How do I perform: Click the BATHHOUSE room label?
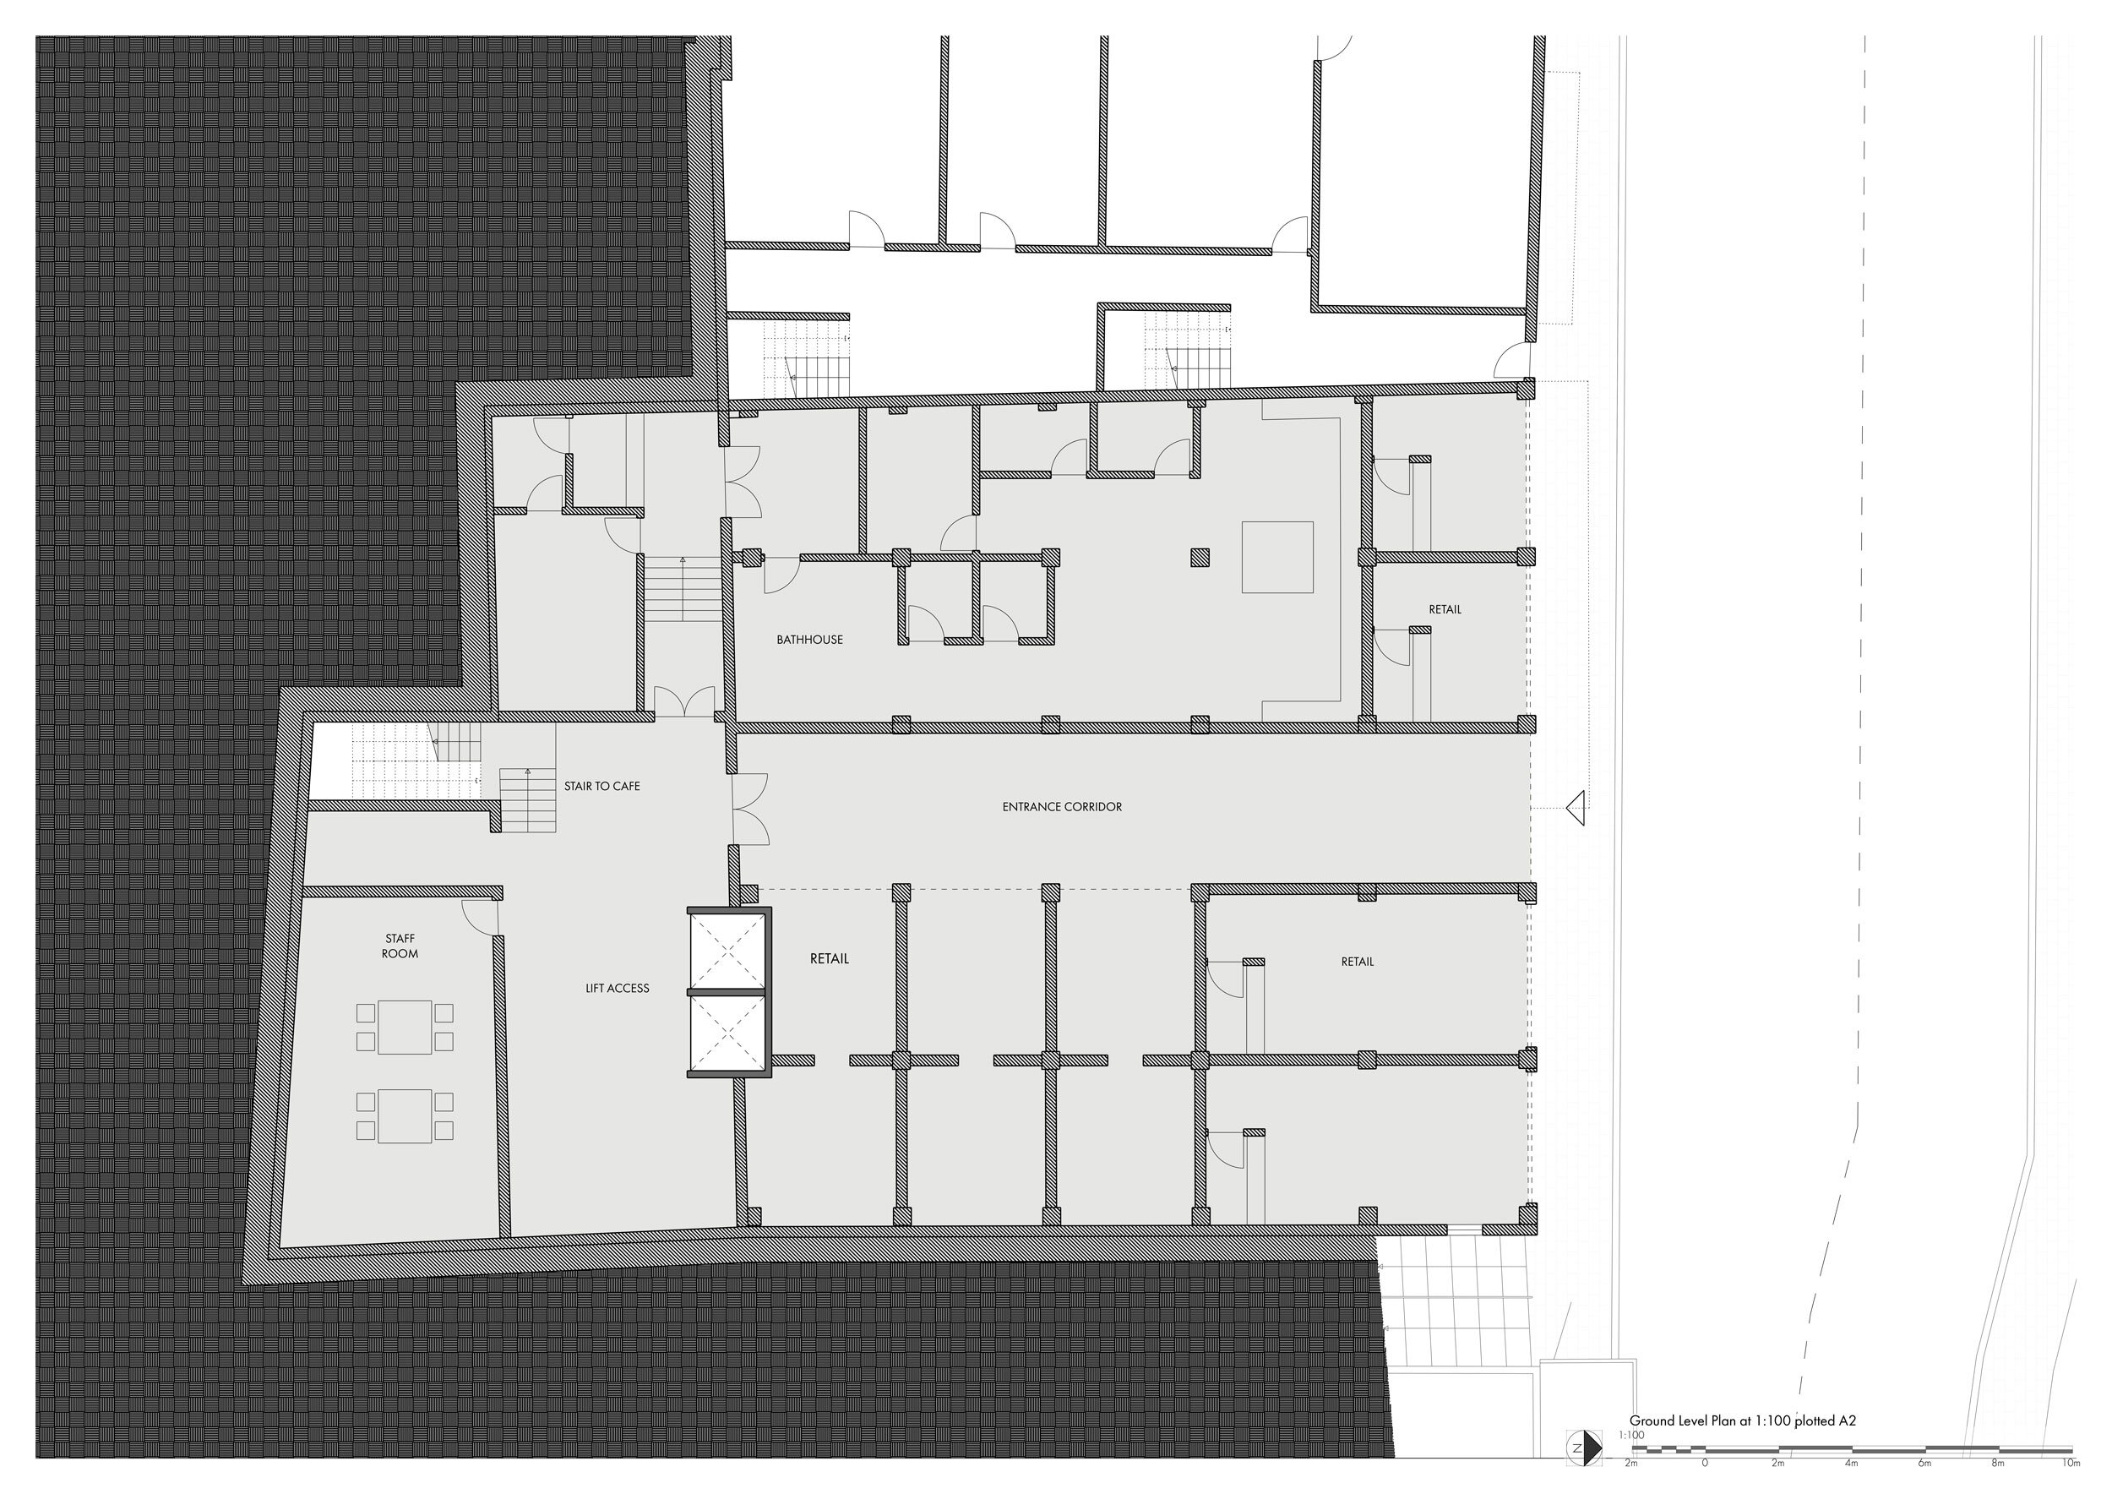[x=809, y=640]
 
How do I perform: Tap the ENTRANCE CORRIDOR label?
[x=1062, y=807]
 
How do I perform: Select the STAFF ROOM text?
[x=400, y=946]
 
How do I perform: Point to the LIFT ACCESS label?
[x=618, y=988]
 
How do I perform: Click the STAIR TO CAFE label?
[x=601, y=787]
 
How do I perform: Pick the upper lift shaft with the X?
[x=727, y=951]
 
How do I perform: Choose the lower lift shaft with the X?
[x=727, y=1033]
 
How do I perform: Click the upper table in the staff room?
[x=405, y=1027]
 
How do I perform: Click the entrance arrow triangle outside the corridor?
[x=1576, y=807]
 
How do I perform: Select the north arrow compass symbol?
[x=1582, y=1447]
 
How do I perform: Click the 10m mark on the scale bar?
[x=2071, y=1463]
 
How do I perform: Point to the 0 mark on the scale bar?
[x=1705, y=1463]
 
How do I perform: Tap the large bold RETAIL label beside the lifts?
[x=829, y=958]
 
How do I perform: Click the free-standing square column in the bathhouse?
[x=1200, y=557]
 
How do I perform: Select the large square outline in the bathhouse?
[x=1276, y=557]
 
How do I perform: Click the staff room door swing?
[x=479, y=914]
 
